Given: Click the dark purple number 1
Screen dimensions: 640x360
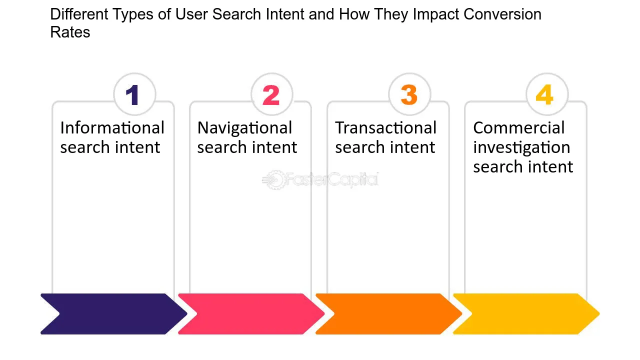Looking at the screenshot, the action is [x=132, y=95].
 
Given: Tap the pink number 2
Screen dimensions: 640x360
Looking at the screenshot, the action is [x=271, y=95].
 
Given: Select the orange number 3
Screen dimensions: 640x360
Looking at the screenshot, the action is [x=409, y=95].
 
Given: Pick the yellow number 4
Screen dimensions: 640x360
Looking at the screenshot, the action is [x=544, y=94].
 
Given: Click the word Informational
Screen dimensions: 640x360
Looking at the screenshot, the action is [x=112, y=127].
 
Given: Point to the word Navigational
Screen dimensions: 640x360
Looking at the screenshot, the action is [x=244, y=127].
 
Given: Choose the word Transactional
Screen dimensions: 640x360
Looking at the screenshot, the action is [x=385, y=127].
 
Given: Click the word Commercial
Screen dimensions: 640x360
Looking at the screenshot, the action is [x=519, y=127].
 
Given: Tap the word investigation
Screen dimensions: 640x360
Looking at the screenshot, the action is [x=521, y=147].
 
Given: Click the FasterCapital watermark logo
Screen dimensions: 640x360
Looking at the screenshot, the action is [x=320, y=179].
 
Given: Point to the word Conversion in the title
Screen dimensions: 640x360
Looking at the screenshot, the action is [x=502, y=14].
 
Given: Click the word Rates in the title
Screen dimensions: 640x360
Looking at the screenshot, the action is [x=70, y=32].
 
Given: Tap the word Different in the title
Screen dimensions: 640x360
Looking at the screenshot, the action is [x=79, y=14].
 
